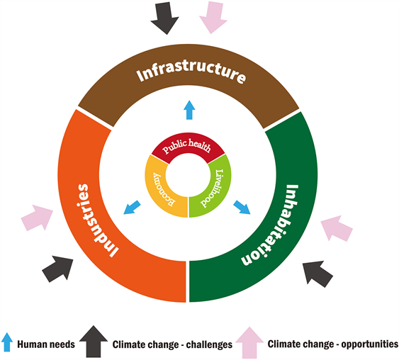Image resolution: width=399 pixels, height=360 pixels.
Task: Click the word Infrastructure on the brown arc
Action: pos(191,74)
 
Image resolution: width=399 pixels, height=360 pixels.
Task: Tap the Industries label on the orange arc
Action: pos(98,220)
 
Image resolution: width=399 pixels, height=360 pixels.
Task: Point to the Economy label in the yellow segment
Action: pos(163,189)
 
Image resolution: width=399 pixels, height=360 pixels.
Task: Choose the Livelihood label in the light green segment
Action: pos(213,189)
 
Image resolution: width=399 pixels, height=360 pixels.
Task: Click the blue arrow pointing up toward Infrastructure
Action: pos(189,110)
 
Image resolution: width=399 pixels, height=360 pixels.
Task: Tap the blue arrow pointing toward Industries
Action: pos(132,208)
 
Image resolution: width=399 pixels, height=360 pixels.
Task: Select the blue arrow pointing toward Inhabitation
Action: pos(242,208)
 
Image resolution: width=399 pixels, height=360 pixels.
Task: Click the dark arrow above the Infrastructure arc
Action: pos(165,18)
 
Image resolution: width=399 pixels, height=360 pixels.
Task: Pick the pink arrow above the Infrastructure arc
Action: pos(213,17)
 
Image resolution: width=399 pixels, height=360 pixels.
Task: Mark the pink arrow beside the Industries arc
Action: pos(37,218)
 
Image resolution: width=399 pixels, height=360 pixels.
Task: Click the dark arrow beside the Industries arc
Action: pos(58,269)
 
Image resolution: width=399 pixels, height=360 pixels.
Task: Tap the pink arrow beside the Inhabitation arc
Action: pos(337,228)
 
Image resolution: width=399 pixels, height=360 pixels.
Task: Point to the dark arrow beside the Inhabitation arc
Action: pos(317,274)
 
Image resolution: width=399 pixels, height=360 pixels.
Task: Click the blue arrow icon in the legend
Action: pos(7,342)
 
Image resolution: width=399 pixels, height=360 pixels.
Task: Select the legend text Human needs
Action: pos(46,344)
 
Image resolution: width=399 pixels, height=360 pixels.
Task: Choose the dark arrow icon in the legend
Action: pos(94,342)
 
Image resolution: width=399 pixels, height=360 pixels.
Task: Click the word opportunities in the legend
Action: pos(369,344)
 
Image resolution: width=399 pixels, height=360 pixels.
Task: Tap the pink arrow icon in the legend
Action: pos(249,342)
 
